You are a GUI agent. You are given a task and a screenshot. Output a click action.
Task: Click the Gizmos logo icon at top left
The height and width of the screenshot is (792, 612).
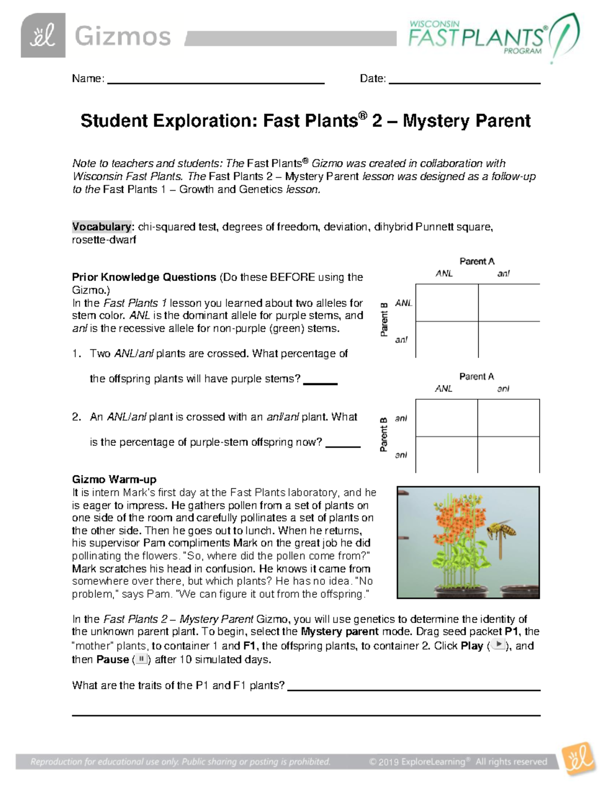[x=43, y=36]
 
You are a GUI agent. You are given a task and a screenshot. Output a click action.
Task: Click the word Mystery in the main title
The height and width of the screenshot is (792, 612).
[x=436, y=121]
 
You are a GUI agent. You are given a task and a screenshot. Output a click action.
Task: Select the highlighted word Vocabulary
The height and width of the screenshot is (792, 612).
[x=101, y=226]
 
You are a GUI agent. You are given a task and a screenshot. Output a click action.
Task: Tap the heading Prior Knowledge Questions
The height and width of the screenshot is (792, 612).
[x=144, y=277]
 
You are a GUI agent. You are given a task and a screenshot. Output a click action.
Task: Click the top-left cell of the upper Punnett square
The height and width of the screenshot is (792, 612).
[x=447, y=302]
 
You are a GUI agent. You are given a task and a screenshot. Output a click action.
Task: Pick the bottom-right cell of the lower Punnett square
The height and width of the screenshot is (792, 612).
[x=508, y=454]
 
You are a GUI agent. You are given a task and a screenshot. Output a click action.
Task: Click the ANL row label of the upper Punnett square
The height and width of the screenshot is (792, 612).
[x=403, y=303]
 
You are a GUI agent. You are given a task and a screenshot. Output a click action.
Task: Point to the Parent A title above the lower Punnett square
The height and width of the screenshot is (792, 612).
[x=476, y=376]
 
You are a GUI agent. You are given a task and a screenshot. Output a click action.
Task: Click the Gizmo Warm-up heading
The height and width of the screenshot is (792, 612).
[x=114, y=479]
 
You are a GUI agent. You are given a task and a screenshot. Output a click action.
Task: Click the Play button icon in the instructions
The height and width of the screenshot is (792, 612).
[x=498, y=645]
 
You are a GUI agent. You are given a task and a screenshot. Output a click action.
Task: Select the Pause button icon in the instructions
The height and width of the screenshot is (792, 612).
[x=141, y=659]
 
